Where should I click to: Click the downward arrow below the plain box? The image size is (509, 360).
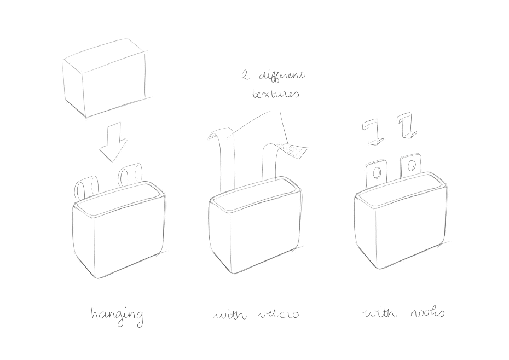[x=113, y=143]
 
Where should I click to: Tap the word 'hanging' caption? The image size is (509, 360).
[x=117, y=316]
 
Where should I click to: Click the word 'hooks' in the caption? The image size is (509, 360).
[x=427, y=312]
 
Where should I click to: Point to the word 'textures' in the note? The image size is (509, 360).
[x=276, y=94]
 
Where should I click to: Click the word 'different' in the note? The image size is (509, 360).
[x=282, y=76]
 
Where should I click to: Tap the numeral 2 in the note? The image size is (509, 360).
[x=245, y=76]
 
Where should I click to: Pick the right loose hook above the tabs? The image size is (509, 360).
[x=407, y=125]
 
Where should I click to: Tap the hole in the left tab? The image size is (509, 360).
[x=376, y=173]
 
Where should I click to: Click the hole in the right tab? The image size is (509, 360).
[x=411, y=166]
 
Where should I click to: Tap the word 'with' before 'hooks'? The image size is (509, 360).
[x=380, y=312]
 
